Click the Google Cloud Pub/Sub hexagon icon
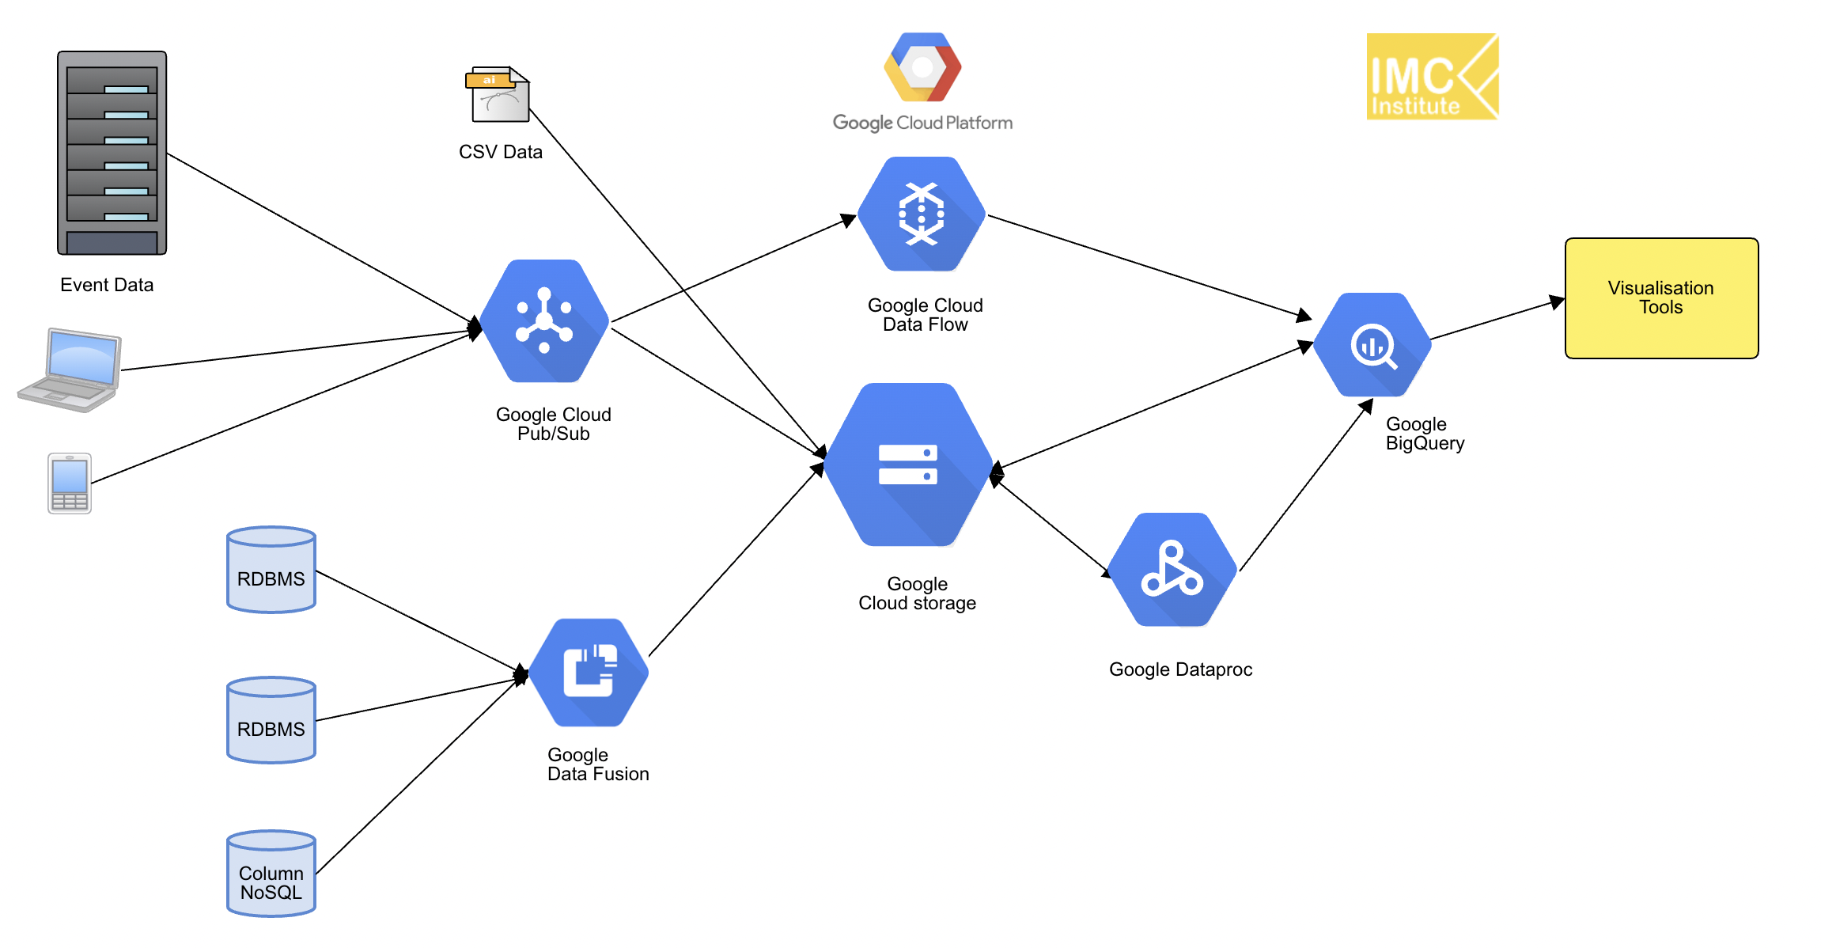(544, 320)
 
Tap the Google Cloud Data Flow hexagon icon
(922, 214)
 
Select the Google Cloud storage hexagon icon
(908, 465)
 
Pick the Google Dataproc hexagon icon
(1172, 569)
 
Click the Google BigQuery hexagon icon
(1372, 345)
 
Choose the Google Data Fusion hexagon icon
(589, 672)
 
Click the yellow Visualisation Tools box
(1661, 298)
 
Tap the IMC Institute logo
(1432, 77)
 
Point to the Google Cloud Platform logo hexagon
(922, 67)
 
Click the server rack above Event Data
(112, 153)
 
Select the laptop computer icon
(70, 370)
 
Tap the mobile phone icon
(70, 483)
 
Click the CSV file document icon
(498, 94)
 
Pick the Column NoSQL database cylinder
(271, 873)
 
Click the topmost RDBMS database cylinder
(271, 570)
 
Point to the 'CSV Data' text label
(501, 152)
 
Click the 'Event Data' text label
(107, 285)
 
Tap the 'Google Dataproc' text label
(1180, 669)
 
